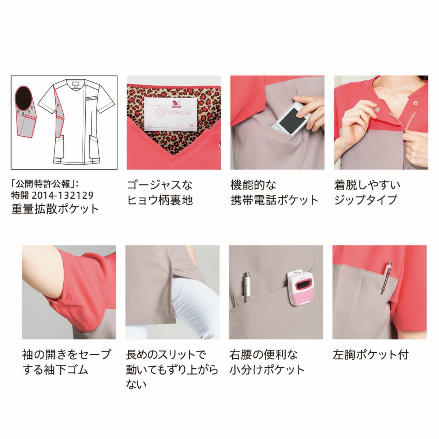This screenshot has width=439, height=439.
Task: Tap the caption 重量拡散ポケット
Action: tap(55, 209)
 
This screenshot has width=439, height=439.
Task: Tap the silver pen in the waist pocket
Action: tap(246, 287)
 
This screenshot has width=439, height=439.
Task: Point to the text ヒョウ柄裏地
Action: tap(160, 200)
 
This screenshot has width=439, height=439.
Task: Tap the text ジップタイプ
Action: tap(365, 200)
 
